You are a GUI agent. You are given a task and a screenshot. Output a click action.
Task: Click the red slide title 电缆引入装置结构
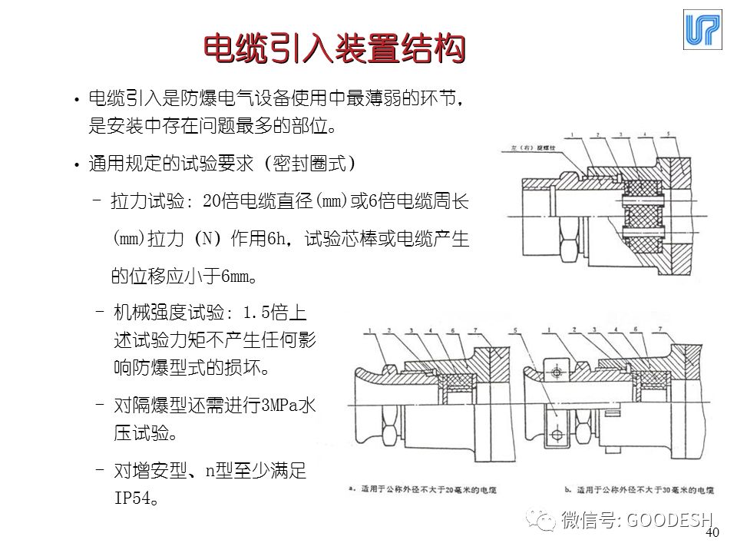point(335,50)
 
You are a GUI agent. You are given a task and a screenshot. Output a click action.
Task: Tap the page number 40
point(712,533)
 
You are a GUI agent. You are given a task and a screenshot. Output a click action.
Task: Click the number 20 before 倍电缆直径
point(212,202)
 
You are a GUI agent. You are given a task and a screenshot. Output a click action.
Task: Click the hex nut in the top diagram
point(568,247)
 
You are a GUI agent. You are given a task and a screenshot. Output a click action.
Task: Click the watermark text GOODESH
point(669,520)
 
